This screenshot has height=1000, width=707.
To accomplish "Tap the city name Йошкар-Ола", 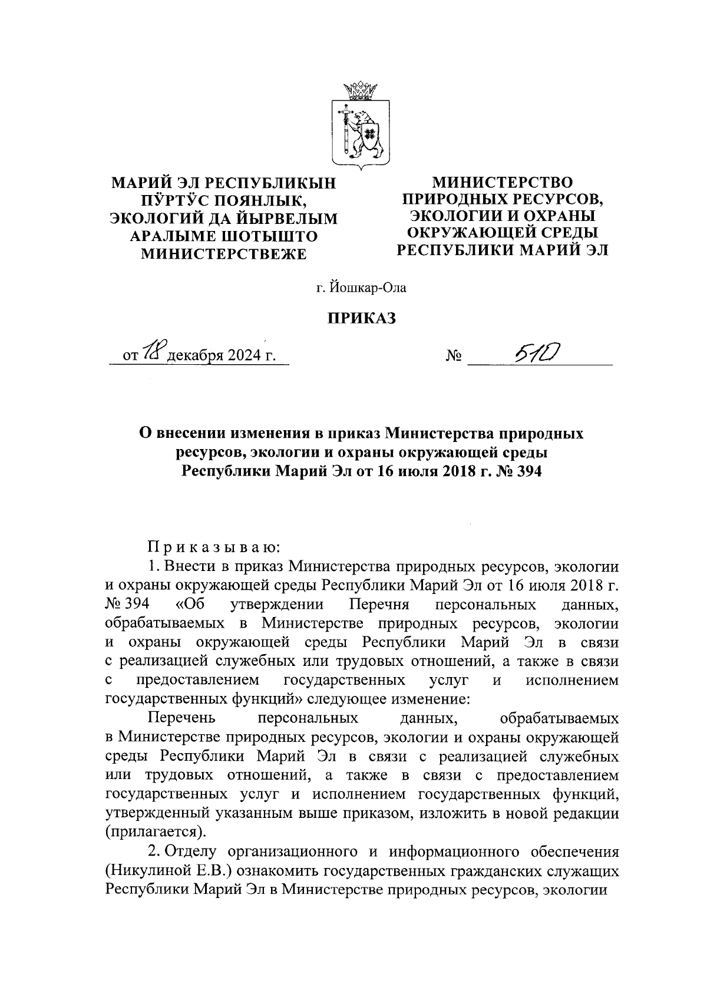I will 368,288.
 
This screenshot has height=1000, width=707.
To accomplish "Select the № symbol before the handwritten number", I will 454,357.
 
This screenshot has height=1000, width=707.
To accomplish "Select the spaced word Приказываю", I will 213,547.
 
